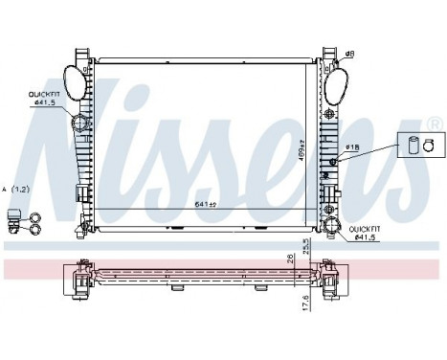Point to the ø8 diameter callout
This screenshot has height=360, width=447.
[x=351, y=55]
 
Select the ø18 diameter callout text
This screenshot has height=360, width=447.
[x=352, y=146]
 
